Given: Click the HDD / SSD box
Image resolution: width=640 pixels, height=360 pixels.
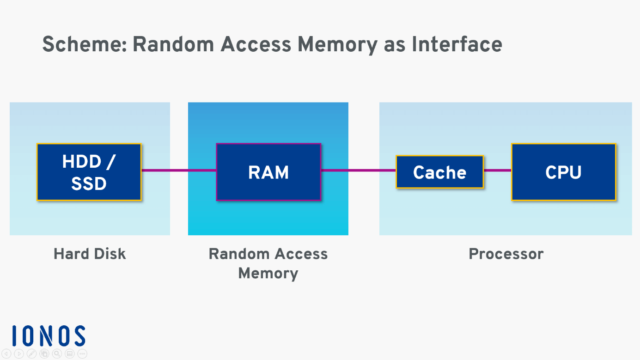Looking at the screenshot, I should point(89,172).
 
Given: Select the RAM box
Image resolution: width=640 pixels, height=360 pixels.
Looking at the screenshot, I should point(268,172).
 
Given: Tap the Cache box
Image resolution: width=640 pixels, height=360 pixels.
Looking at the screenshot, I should point(439,172).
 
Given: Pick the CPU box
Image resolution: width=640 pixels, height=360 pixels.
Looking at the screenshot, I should point(563,172).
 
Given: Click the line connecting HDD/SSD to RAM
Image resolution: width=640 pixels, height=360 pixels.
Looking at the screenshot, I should point(179,171).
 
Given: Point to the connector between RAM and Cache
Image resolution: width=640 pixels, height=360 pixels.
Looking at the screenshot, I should point(358,171).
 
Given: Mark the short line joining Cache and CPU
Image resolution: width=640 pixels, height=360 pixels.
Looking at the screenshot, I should point(497,171).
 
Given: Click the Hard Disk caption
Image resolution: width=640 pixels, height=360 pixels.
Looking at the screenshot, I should point(90,254).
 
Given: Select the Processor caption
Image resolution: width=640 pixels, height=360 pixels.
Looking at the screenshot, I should point(506,254).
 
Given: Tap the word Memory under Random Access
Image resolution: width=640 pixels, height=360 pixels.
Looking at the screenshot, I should point(268,273).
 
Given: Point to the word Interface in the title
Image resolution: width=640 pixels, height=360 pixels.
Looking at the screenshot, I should point(457,45).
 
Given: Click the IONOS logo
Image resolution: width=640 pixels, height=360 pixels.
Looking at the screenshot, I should point(49,336).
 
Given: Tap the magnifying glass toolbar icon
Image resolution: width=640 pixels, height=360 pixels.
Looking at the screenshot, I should point(57,354).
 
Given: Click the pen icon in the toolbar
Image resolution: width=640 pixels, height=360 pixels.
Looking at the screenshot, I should point(31,354).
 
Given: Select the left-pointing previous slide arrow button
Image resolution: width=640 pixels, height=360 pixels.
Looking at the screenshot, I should point(6,354).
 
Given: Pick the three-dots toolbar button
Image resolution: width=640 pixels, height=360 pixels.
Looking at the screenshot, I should point(82,354).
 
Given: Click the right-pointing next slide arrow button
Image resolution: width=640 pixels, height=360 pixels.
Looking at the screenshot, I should point(19,354).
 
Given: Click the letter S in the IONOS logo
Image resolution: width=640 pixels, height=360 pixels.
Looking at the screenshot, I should point(79,336).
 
